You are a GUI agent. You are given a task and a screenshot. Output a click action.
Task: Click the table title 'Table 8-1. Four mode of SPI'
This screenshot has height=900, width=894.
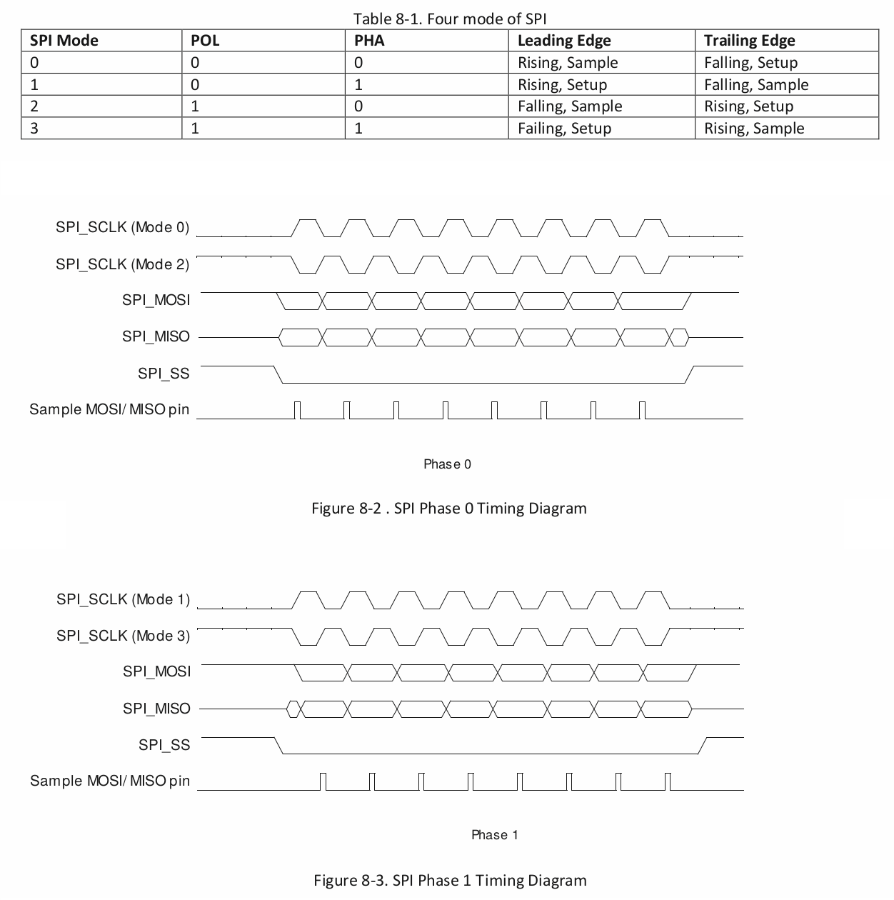click(x=449, y=19)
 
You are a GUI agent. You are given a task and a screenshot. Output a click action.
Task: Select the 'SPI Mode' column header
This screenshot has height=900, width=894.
click(x=64, y=41)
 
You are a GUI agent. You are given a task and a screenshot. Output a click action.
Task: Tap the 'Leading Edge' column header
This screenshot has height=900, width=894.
click(x=564, y=41)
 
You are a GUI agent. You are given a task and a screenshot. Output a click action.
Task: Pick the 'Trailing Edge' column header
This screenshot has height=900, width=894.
click(x=749, y=41)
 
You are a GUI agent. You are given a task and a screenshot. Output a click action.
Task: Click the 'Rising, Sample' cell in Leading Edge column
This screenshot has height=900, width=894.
click(x=568, y=63)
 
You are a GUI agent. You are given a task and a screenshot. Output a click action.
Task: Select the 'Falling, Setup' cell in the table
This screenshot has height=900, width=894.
click(x=750, y=63)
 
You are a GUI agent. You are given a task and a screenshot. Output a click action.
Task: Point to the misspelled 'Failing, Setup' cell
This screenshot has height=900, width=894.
click(x=564, y=129)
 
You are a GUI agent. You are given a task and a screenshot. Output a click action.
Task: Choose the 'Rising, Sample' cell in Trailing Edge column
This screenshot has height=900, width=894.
click(x=754, y=129)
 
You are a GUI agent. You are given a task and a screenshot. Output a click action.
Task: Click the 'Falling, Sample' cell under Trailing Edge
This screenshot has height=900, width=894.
click(x=756, y=85)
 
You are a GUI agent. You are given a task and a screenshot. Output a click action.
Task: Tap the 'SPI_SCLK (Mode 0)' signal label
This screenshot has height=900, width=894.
click(x=122, y=228)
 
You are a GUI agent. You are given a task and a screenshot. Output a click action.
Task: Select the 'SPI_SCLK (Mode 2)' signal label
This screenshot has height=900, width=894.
click(x=122, y=264)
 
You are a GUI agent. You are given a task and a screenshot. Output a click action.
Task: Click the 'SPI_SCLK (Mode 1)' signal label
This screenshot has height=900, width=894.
click(x=123, y=599)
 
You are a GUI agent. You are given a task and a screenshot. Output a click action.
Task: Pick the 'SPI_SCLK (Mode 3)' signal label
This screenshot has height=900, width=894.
click(x=123, y=636)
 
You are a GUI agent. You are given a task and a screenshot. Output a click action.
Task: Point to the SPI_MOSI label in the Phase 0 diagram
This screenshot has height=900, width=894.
click(x=156, y=300)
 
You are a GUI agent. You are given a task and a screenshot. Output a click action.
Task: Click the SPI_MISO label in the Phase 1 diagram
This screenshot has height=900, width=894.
click(x=156, y=709)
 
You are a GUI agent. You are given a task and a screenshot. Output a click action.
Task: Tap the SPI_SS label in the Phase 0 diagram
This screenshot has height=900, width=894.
click(x=164, y=374)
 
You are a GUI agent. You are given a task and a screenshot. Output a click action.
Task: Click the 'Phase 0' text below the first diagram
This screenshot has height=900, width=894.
click(x=447, y=464)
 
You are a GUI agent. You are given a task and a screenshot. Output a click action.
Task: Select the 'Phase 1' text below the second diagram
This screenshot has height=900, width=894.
click(x=495, y=835)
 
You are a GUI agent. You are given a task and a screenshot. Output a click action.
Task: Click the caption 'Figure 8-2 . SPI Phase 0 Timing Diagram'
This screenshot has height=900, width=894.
click(x=449, y=509)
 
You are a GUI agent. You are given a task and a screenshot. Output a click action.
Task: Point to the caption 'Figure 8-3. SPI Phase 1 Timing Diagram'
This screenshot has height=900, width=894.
click(x=450, y=880)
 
